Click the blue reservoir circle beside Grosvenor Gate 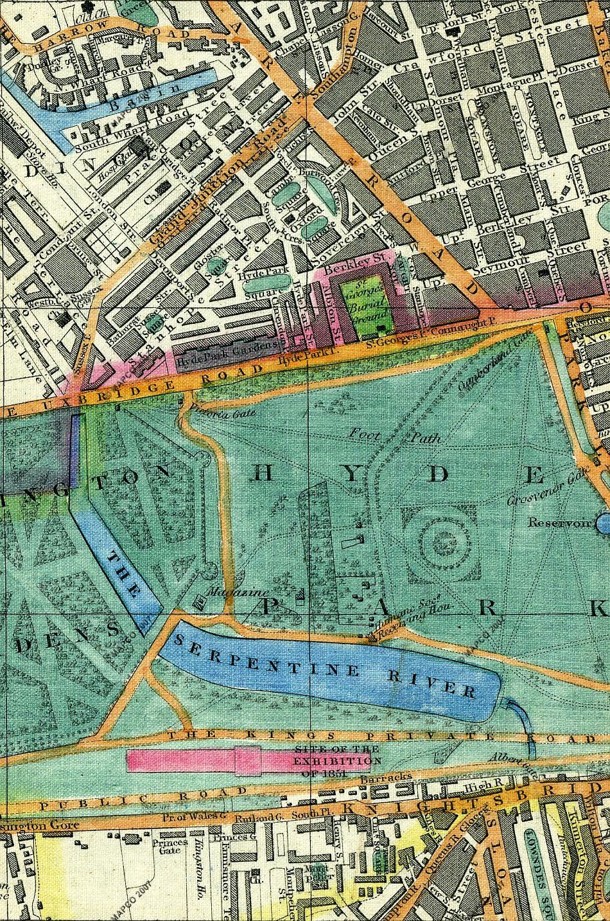pyautogui.click(x=604, y=524)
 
